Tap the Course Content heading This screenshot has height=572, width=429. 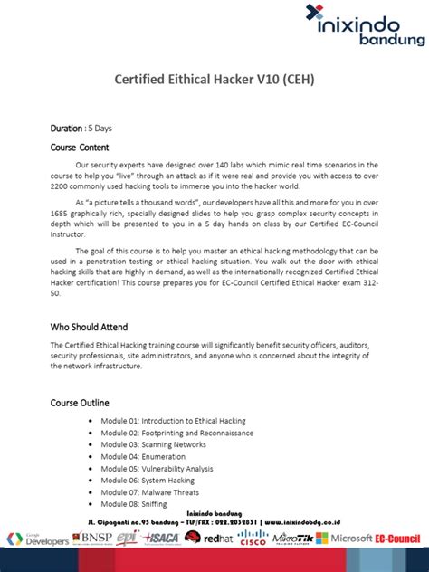[x=80, y=147]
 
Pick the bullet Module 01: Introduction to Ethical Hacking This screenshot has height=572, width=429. [x=173, y=421]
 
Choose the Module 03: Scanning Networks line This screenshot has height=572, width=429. [x=153, y=444]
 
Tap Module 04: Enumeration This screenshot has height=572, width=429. [x=144, y=456]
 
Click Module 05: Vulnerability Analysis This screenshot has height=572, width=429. [x=157, y=469]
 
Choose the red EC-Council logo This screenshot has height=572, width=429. [x=399, y=539]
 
